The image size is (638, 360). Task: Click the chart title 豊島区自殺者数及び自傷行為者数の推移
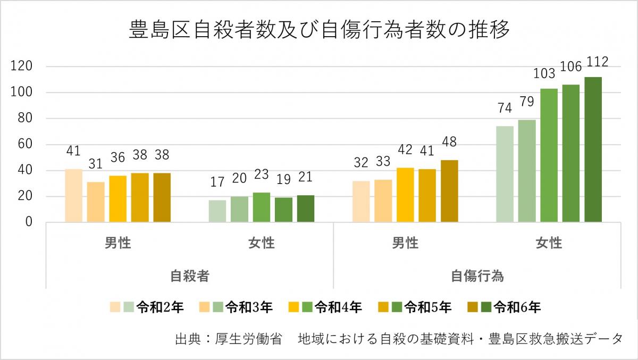click(319, 30)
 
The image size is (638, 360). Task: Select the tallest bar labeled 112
click(593, 149)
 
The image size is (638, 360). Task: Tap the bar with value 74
click(505, 174)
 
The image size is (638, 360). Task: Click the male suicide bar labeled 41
click(73, 195)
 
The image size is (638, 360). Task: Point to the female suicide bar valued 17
click(217, 211)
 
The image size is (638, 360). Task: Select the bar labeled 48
click(449, 191)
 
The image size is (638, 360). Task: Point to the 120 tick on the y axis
click(24, 66)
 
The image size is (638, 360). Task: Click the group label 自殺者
click(189, 277)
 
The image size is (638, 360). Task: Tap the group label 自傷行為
click(477, 277)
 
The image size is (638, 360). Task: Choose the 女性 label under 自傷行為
click(549, 243)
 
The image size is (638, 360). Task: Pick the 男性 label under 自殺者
click(117, 243)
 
